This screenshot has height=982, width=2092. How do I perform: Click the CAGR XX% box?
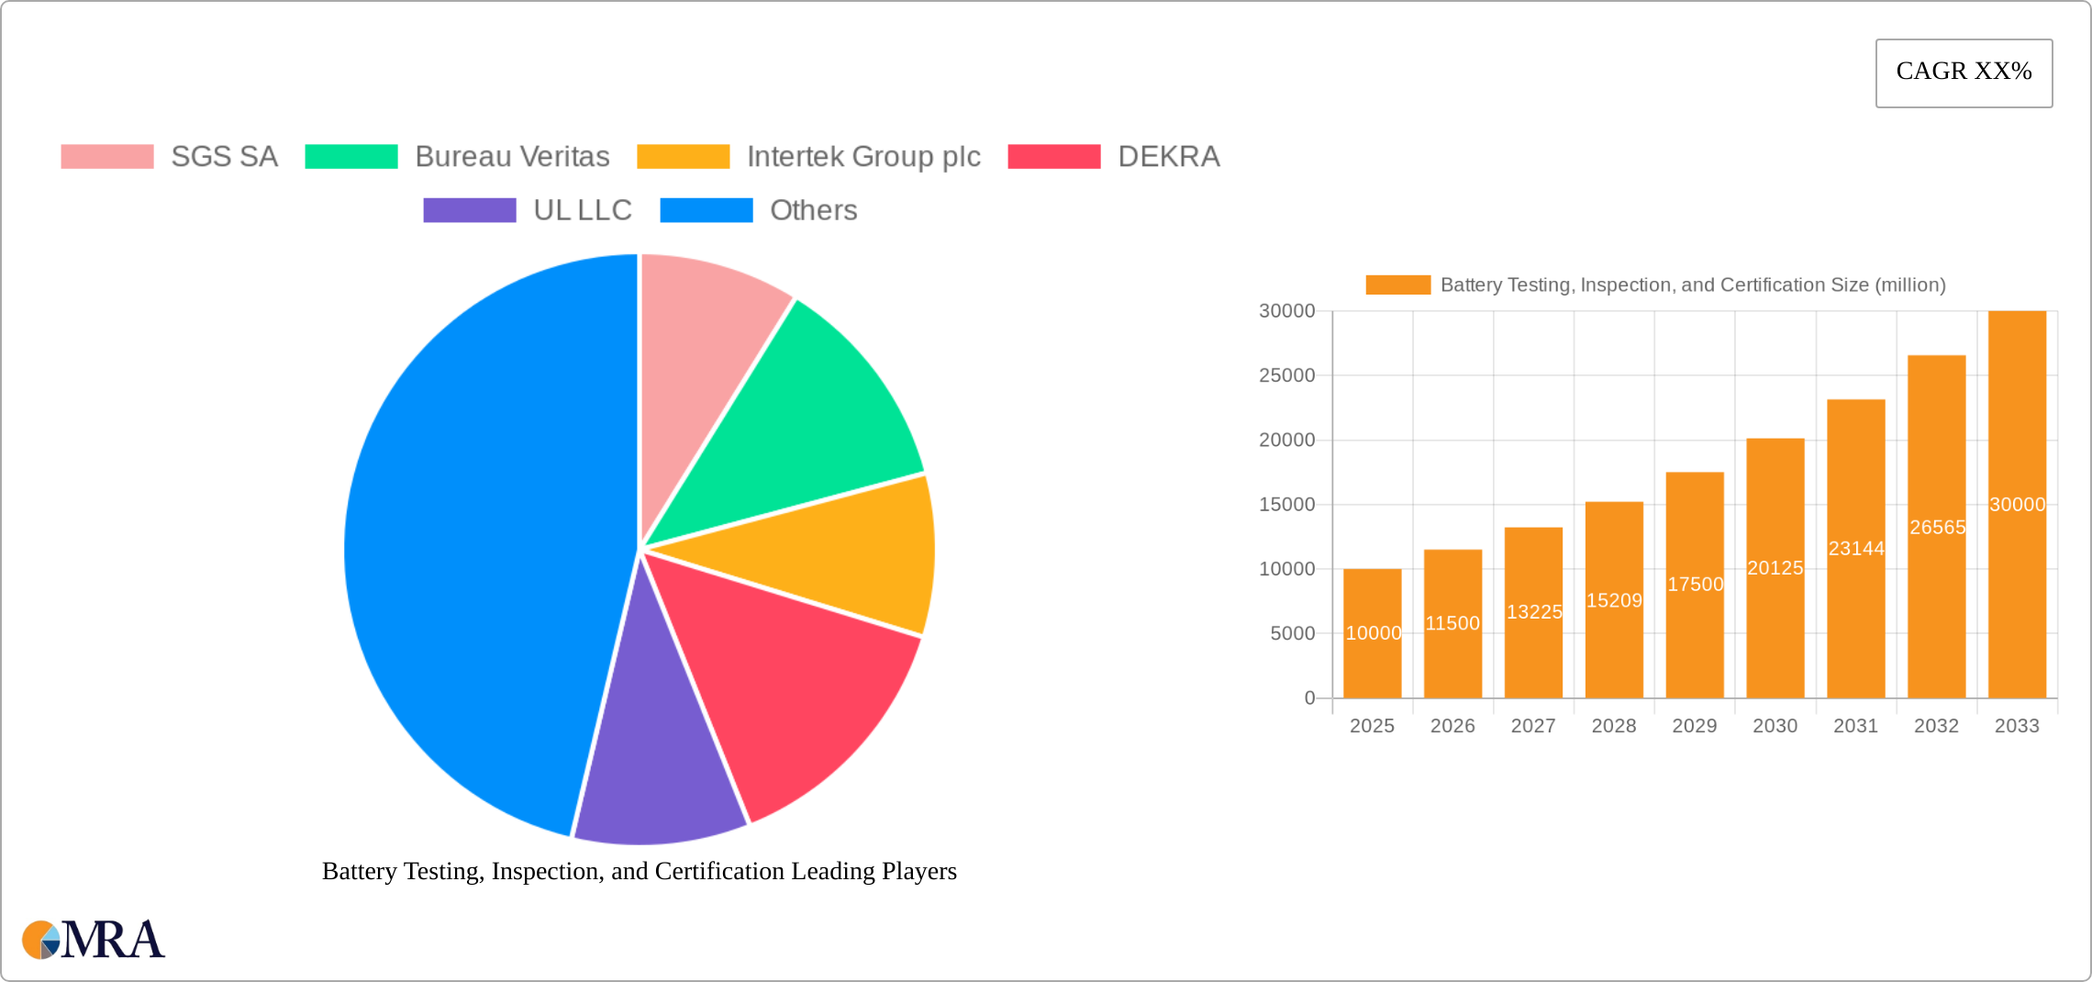[1964, 73]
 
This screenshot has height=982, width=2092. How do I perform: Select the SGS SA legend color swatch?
[107, 157]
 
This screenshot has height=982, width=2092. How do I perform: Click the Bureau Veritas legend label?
[512, 157]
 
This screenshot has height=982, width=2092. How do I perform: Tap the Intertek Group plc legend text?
[863, 157]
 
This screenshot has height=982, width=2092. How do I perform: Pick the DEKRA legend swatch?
[1053, 157]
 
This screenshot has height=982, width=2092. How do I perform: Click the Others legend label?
[813, 210]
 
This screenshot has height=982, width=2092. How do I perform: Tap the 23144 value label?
[1856, 549]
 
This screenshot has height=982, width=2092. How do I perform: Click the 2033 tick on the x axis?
[2017, 726]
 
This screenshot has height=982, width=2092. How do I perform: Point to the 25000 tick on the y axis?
[1286, 375]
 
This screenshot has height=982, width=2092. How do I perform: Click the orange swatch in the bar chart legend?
[1397, 285]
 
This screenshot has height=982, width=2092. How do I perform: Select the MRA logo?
[94, 940]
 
